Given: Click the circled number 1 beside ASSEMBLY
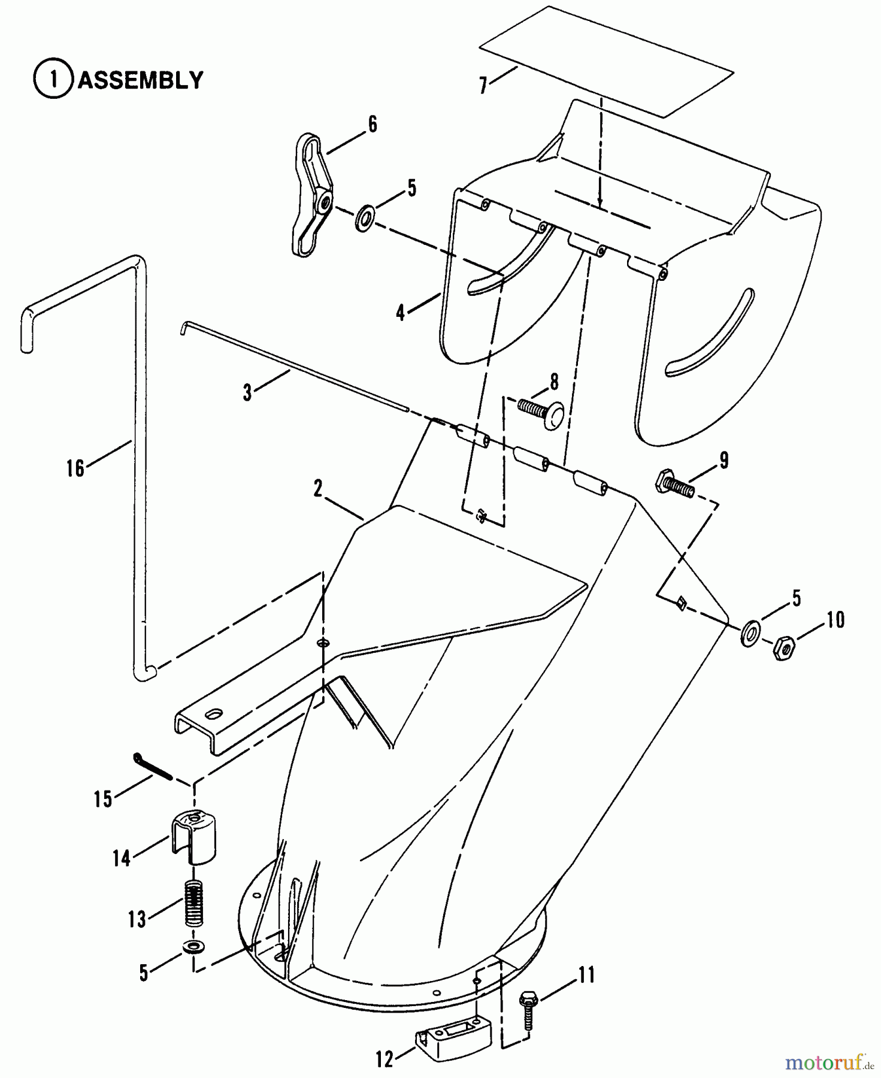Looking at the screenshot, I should click(55, 80).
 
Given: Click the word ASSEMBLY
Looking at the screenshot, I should click(141, 80).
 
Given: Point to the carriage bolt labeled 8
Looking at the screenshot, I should click(541, 414).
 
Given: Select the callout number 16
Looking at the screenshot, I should click(75, 468).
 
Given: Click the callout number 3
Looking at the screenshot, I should click(247, 393).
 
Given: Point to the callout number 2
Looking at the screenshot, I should click(317, 489).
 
